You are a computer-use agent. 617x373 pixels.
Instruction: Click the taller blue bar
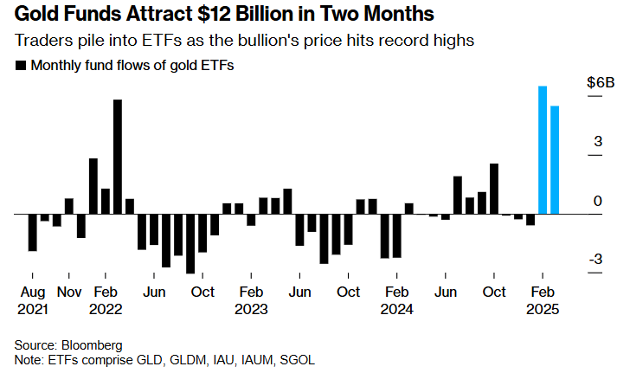(543, 150)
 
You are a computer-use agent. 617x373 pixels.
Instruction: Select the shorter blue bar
(555, 159)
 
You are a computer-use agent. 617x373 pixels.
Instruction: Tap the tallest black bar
(118, 156)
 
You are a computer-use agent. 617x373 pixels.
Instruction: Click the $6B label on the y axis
(600, 83)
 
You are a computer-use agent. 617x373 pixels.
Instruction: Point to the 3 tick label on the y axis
(597, 142)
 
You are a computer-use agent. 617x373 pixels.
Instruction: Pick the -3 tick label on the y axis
(595, 260)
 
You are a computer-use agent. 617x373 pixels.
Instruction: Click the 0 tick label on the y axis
(597, 201)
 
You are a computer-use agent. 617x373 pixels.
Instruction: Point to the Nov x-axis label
(69, 293)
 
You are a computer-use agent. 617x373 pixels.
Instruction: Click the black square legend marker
(20, 65)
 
